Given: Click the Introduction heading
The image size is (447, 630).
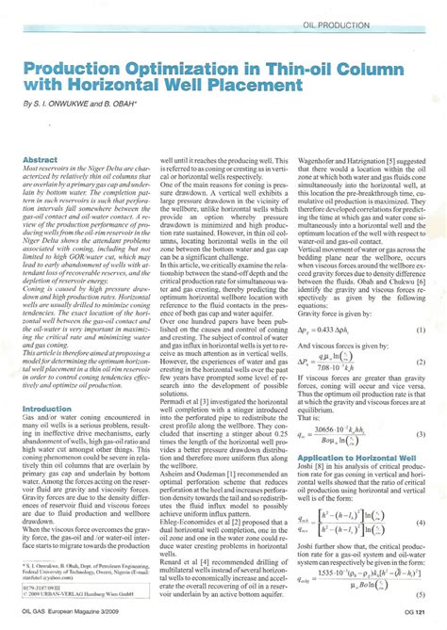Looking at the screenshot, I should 46,409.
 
